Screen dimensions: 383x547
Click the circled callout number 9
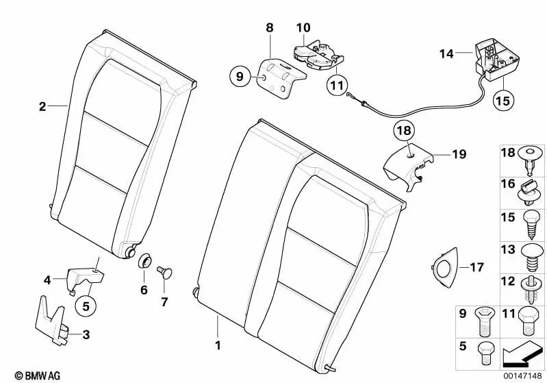tap(240, 77)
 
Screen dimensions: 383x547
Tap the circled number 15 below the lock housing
tap(503, 101)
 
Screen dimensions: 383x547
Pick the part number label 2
tap(42, 107)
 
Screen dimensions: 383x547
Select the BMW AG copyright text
tap(25, 375)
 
